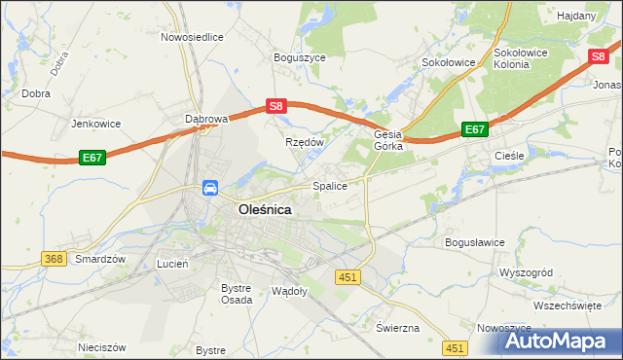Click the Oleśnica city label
pos(265,208)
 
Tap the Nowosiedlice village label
pos(192,37)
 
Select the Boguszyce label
pos(300,57)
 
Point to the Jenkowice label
pos(94,124)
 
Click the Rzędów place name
pos(304,142)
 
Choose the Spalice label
pos(329,185)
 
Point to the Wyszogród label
pos(525,272)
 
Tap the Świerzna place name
pos(396,327)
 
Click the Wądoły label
pos(290,291)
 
